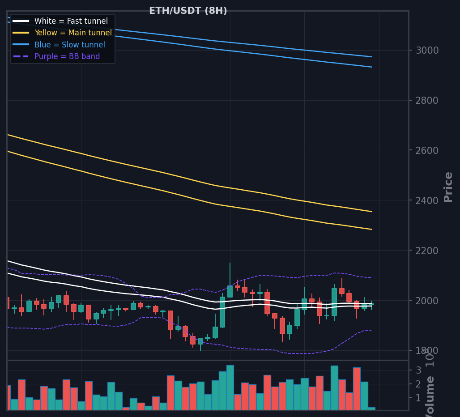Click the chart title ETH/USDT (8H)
pyautogui.click(x=188, y=11)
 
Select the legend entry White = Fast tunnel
pyautogui.click(x=71, y=21)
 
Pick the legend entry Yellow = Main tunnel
pyautogui.click(x=73, y=33)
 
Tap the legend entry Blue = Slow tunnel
pyautogui.click(x=69, y=45)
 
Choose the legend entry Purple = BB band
pyautogui.click(x=67, y=56)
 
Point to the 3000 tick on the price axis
pyautogui.click(x=427, y=50)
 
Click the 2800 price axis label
pyautogui.click(x=427, y=100)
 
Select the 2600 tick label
pyautogui.click(x=427, y=150)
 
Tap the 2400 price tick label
pyautogui.click(x=427, y=200)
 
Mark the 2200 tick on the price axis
pyautogui.click(x=427, y=251)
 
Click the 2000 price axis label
pyautogui.click(x=427, y=301)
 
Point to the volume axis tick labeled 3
pyautogui.click(x=418, y=370)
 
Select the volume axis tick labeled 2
pyautogui.click(x=418, y=384)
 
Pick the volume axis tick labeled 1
pyautogui.click(x=418, y=398)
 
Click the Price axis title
pyautogui.click(x=448, y=187)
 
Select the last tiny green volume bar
pyautogui.click(x=371, y=408)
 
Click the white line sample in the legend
pyautogui.click(x=21, y=21)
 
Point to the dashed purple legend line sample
pyautogui.click(x=21, y=56)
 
